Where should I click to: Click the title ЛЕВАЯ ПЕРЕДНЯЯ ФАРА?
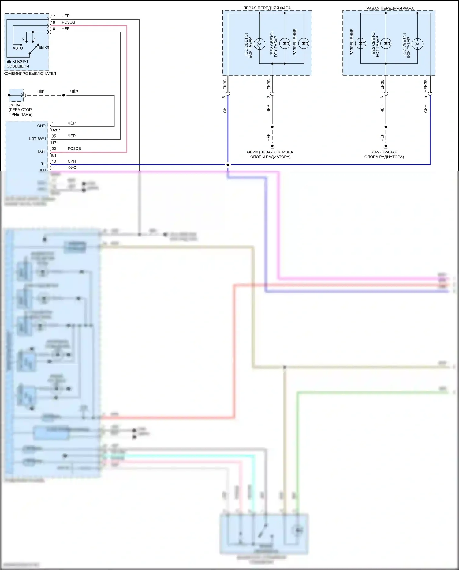tap(267, 8)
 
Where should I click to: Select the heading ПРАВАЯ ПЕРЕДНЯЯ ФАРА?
tap(388, 8)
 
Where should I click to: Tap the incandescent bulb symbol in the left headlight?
tap(259, 44)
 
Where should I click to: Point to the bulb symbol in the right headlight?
tap(417, 44)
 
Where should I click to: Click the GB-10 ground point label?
tap(270, 154)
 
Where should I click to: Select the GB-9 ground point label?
tap(384, 154)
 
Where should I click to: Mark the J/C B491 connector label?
tap(17, 105)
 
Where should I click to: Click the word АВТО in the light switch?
tap(18, 48)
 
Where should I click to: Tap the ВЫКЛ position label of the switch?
tap(43, 47)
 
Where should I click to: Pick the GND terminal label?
tap(41, 126)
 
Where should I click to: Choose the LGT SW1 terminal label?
tap(37, 139)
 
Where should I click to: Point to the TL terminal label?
tap(43, 164)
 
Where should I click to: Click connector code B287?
tap(56, 130)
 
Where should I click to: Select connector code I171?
tap(55, 143)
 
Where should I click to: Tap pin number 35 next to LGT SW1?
tap(54, 136)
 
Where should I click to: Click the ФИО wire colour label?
tap(72, 168)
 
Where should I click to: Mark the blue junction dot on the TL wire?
tap(228, 165)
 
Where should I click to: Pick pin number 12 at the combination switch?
tap(53, 16)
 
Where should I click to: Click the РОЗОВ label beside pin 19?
tap(68, 22)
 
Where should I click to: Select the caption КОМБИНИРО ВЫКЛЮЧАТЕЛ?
tap(30, 74)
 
